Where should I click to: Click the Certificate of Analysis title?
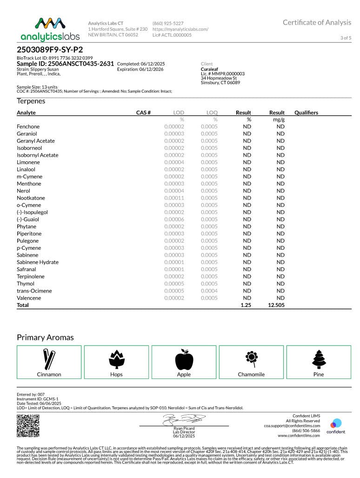click(x=317, y=22)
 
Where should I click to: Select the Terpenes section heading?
click(x=31, y=101)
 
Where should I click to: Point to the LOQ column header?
click(x=212, y=113)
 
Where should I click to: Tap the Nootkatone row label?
click(x=31, y=198)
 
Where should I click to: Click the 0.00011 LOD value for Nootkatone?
click(x=174, y=198)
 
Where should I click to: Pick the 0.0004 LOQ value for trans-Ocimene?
click(x=209, y=291)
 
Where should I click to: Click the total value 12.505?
click(x=276, y=305)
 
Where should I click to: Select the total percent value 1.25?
click(x=246, y=305)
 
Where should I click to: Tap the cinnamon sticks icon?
click(x=49, y=359)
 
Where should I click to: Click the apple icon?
click(x=184, y=359)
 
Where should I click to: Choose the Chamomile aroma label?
click(x=251, y=374)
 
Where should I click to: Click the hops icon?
click(x=116, y=359)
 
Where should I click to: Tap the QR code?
click(x=28, y=425)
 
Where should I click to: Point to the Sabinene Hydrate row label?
click(x=38, y=262)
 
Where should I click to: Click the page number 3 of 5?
click(x=346, y=38)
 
